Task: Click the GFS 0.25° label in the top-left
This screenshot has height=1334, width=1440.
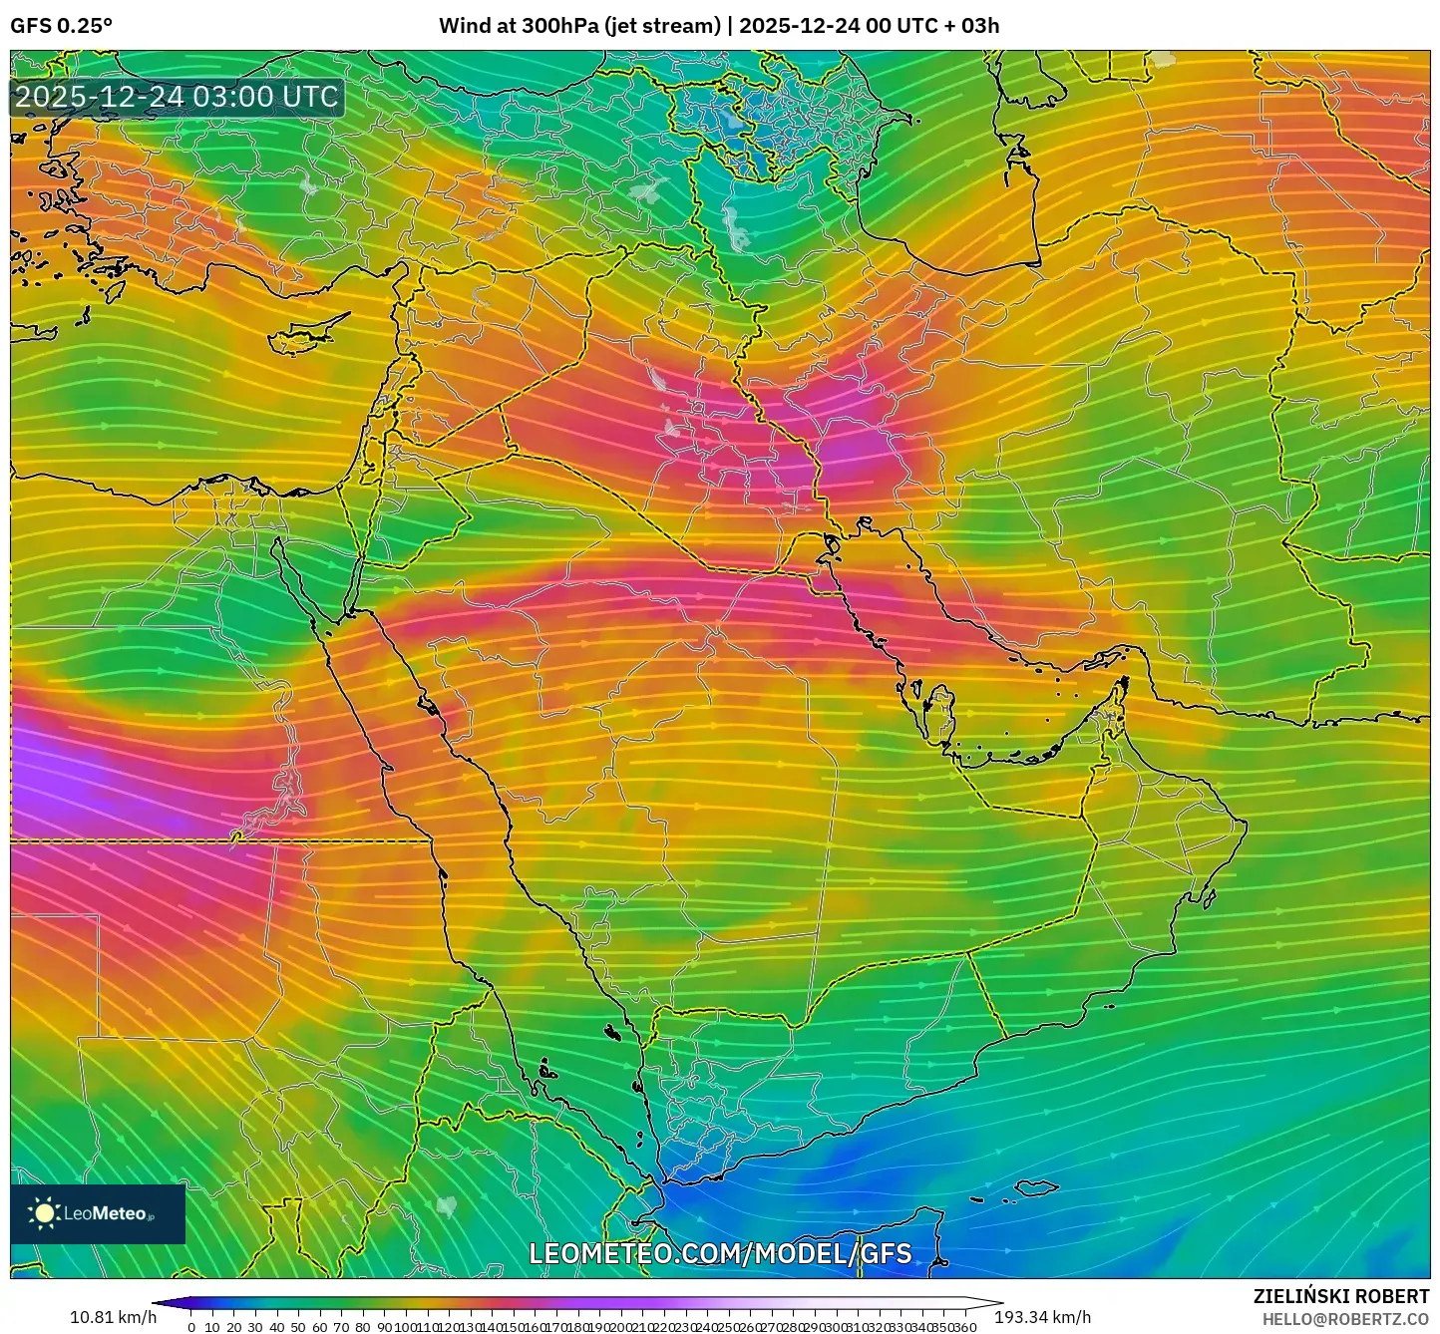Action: [x=61, y=26]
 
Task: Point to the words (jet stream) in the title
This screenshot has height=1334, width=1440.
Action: [x=661, y=26]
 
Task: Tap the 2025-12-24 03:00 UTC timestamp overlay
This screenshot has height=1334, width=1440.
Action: [x=177, y=97]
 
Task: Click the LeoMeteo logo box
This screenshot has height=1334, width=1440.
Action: [x=98, y=1213]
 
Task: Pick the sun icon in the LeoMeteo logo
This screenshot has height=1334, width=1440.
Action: [x=44, y=1212]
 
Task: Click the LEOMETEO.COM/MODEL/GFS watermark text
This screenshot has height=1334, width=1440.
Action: [x=720, y=1253]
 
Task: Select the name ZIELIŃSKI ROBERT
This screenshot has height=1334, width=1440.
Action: [x=1340, y=1296]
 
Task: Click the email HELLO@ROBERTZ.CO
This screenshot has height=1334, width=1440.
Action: [x=1345, y=1318]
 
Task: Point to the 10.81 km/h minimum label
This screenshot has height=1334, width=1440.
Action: [x=113, y=1317]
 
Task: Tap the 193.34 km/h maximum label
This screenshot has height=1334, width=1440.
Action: [x=1042, y=1317]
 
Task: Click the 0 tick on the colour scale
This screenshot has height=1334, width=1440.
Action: [x=191, y=1327]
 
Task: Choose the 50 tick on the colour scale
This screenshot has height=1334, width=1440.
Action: [x=298, y=1327]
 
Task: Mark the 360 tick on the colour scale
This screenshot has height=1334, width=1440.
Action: [x=964, y=1327]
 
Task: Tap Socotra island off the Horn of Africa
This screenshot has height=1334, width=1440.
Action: [x=1037, y=1188]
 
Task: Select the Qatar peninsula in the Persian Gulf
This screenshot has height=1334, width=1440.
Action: [x=937, y=709]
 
